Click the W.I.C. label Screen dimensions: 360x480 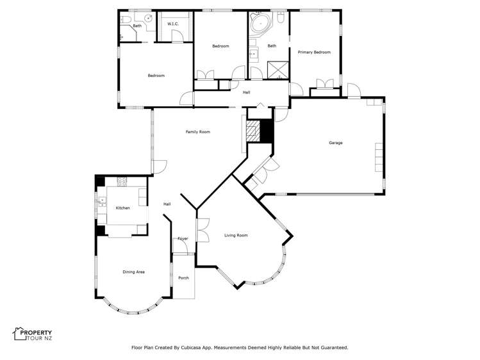(173, 24)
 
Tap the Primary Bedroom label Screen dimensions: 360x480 (314, 53)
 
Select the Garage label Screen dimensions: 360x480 (335, 143)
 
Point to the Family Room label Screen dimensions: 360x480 (198, 132)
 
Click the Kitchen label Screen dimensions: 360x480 (122, 208)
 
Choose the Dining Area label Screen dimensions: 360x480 (133, 272)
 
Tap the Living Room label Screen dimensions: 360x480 (236, 236)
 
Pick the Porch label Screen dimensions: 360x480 (183, 278)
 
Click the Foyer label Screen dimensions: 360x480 (183, 239)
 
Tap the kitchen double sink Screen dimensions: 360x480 (102, 204)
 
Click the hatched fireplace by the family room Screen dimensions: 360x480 (254, 131)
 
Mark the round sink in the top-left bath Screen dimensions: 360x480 (148, 19)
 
